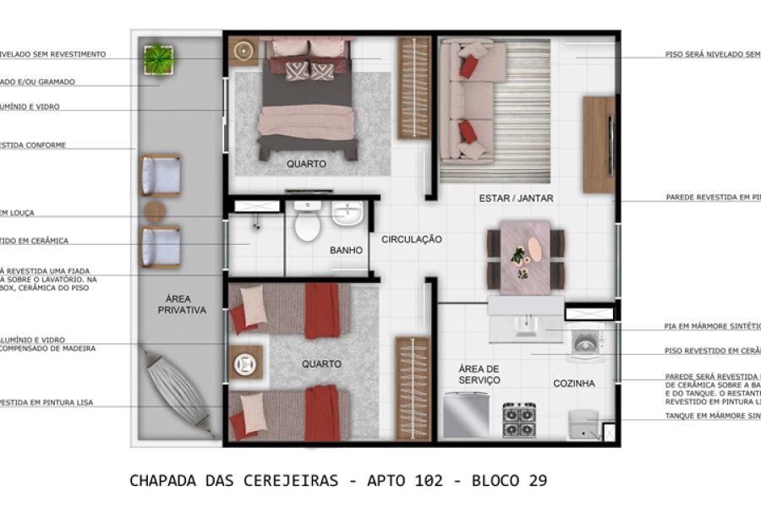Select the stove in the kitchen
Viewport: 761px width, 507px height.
[519, 419]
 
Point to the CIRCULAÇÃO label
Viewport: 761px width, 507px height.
[412, 240]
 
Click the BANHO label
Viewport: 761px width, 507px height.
[346, 250]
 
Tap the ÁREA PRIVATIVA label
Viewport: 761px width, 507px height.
[182, 304]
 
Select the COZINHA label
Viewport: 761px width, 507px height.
[574, 383]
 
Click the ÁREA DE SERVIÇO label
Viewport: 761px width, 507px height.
[479, 374]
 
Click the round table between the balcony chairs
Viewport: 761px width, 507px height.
[157, 211]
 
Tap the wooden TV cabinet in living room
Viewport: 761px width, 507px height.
[598, 144]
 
